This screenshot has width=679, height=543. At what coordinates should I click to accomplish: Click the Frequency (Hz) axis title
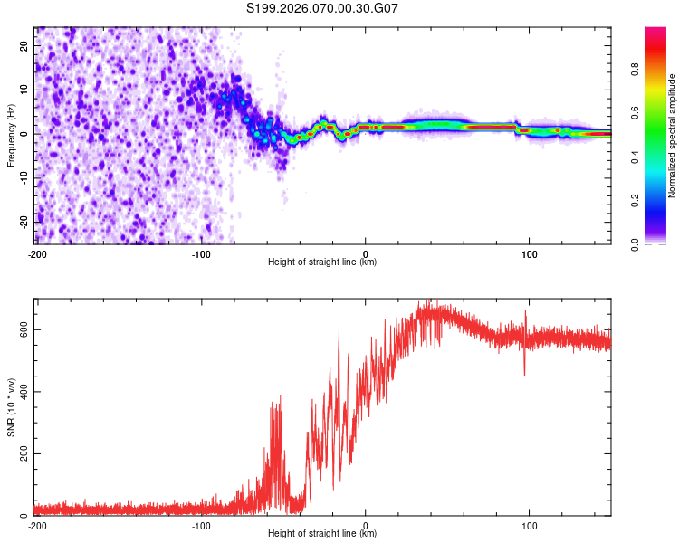[x=12, y=134]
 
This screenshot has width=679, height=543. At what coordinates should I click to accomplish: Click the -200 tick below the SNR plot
[x=37, y=525]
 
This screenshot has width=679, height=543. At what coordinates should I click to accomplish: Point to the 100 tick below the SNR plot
[x=530, y=525]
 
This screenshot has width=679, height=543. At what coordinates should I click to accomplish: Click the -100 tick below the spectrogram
[x=201, y=253]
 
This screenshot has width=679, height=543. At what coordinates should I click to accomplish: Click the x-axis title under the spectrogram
[x=322, y=262]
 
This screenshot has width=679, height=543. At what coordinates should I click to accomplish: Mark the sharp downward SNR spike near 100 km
[x=524, y=374]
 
